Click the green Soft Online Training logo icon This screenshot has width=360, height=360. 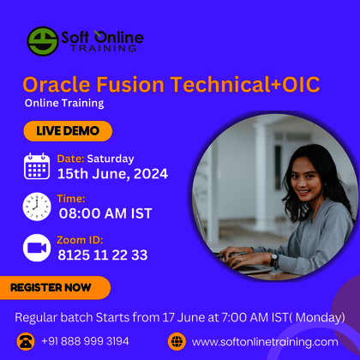pos(43,40)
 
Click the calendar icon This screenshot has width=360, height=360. pos(37,165)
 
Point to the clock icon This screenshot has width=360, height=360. pos(37,207)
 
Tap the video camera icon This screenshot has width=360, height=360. pos(37,247)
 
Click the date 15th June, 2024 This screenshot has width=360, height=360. pos(112,174)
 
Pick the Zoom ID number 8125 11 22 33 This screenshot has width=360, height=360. pos(102,255)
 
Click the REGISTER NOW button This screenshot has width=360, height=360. pos(54,288)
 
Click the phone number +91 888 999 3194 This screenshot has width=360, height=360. pos(85,341)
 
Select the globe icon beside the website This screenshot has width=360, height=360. pos(177,341)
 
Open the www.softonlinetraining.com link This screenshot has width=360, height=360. pos(265,341)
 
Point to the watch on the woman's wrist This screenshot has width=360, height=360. pos(273,258)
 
